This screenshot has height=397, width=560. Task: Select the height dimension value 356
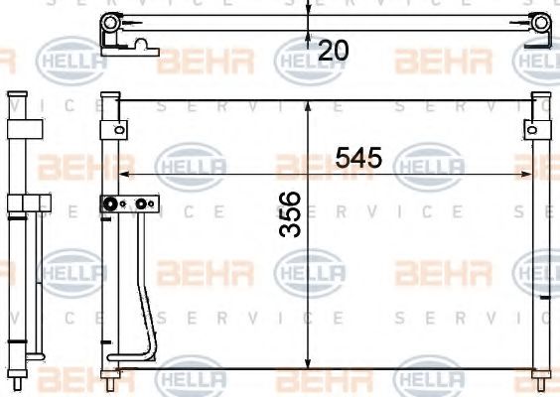coord(290,236)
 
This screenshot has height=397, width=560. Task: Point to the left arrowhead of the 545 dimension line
coord(123,173)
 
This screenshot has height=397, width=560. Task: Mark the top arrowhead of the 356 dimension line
coord(310,105)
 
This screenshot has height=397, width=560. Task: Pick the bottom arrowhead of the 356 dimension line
coord(310,364)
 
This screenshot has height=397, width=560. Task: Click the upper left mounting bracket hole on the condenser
coord(118,129)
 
